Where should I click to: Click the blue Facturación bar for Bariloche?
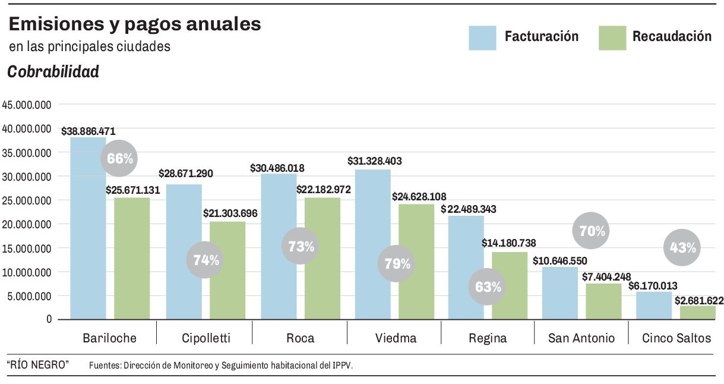(88, 229)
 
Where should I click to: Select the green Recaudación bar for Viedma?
(416, 262)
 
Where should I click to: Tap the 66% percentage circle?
(121, 158)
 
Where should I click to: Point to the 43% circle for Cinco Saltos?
(682, 247)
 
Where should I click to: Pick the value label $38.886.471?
(88, 131)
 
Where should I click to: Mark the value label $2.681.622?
(698, 301)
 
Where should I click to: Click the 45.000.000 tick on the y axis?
(27, 105)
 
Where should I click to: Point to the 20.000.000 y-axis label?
(27, 224)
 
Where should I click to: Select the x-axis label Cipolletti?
(205, 338)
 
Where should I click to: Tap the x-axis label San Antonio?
(581, 338)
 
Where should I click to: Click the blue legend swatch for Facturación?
(482, 37)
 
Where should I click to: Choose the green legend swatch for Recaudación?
(612, 37)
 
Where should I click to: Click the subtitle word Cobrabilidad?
(53, 73)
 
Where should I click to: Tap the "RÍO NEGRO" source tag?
(38, 364)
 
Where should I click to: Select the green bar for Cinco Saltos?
(698, 313)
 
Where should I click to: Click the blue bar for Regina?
(466, 267)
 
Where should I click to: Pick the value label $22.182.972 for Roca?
(324, 190)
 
